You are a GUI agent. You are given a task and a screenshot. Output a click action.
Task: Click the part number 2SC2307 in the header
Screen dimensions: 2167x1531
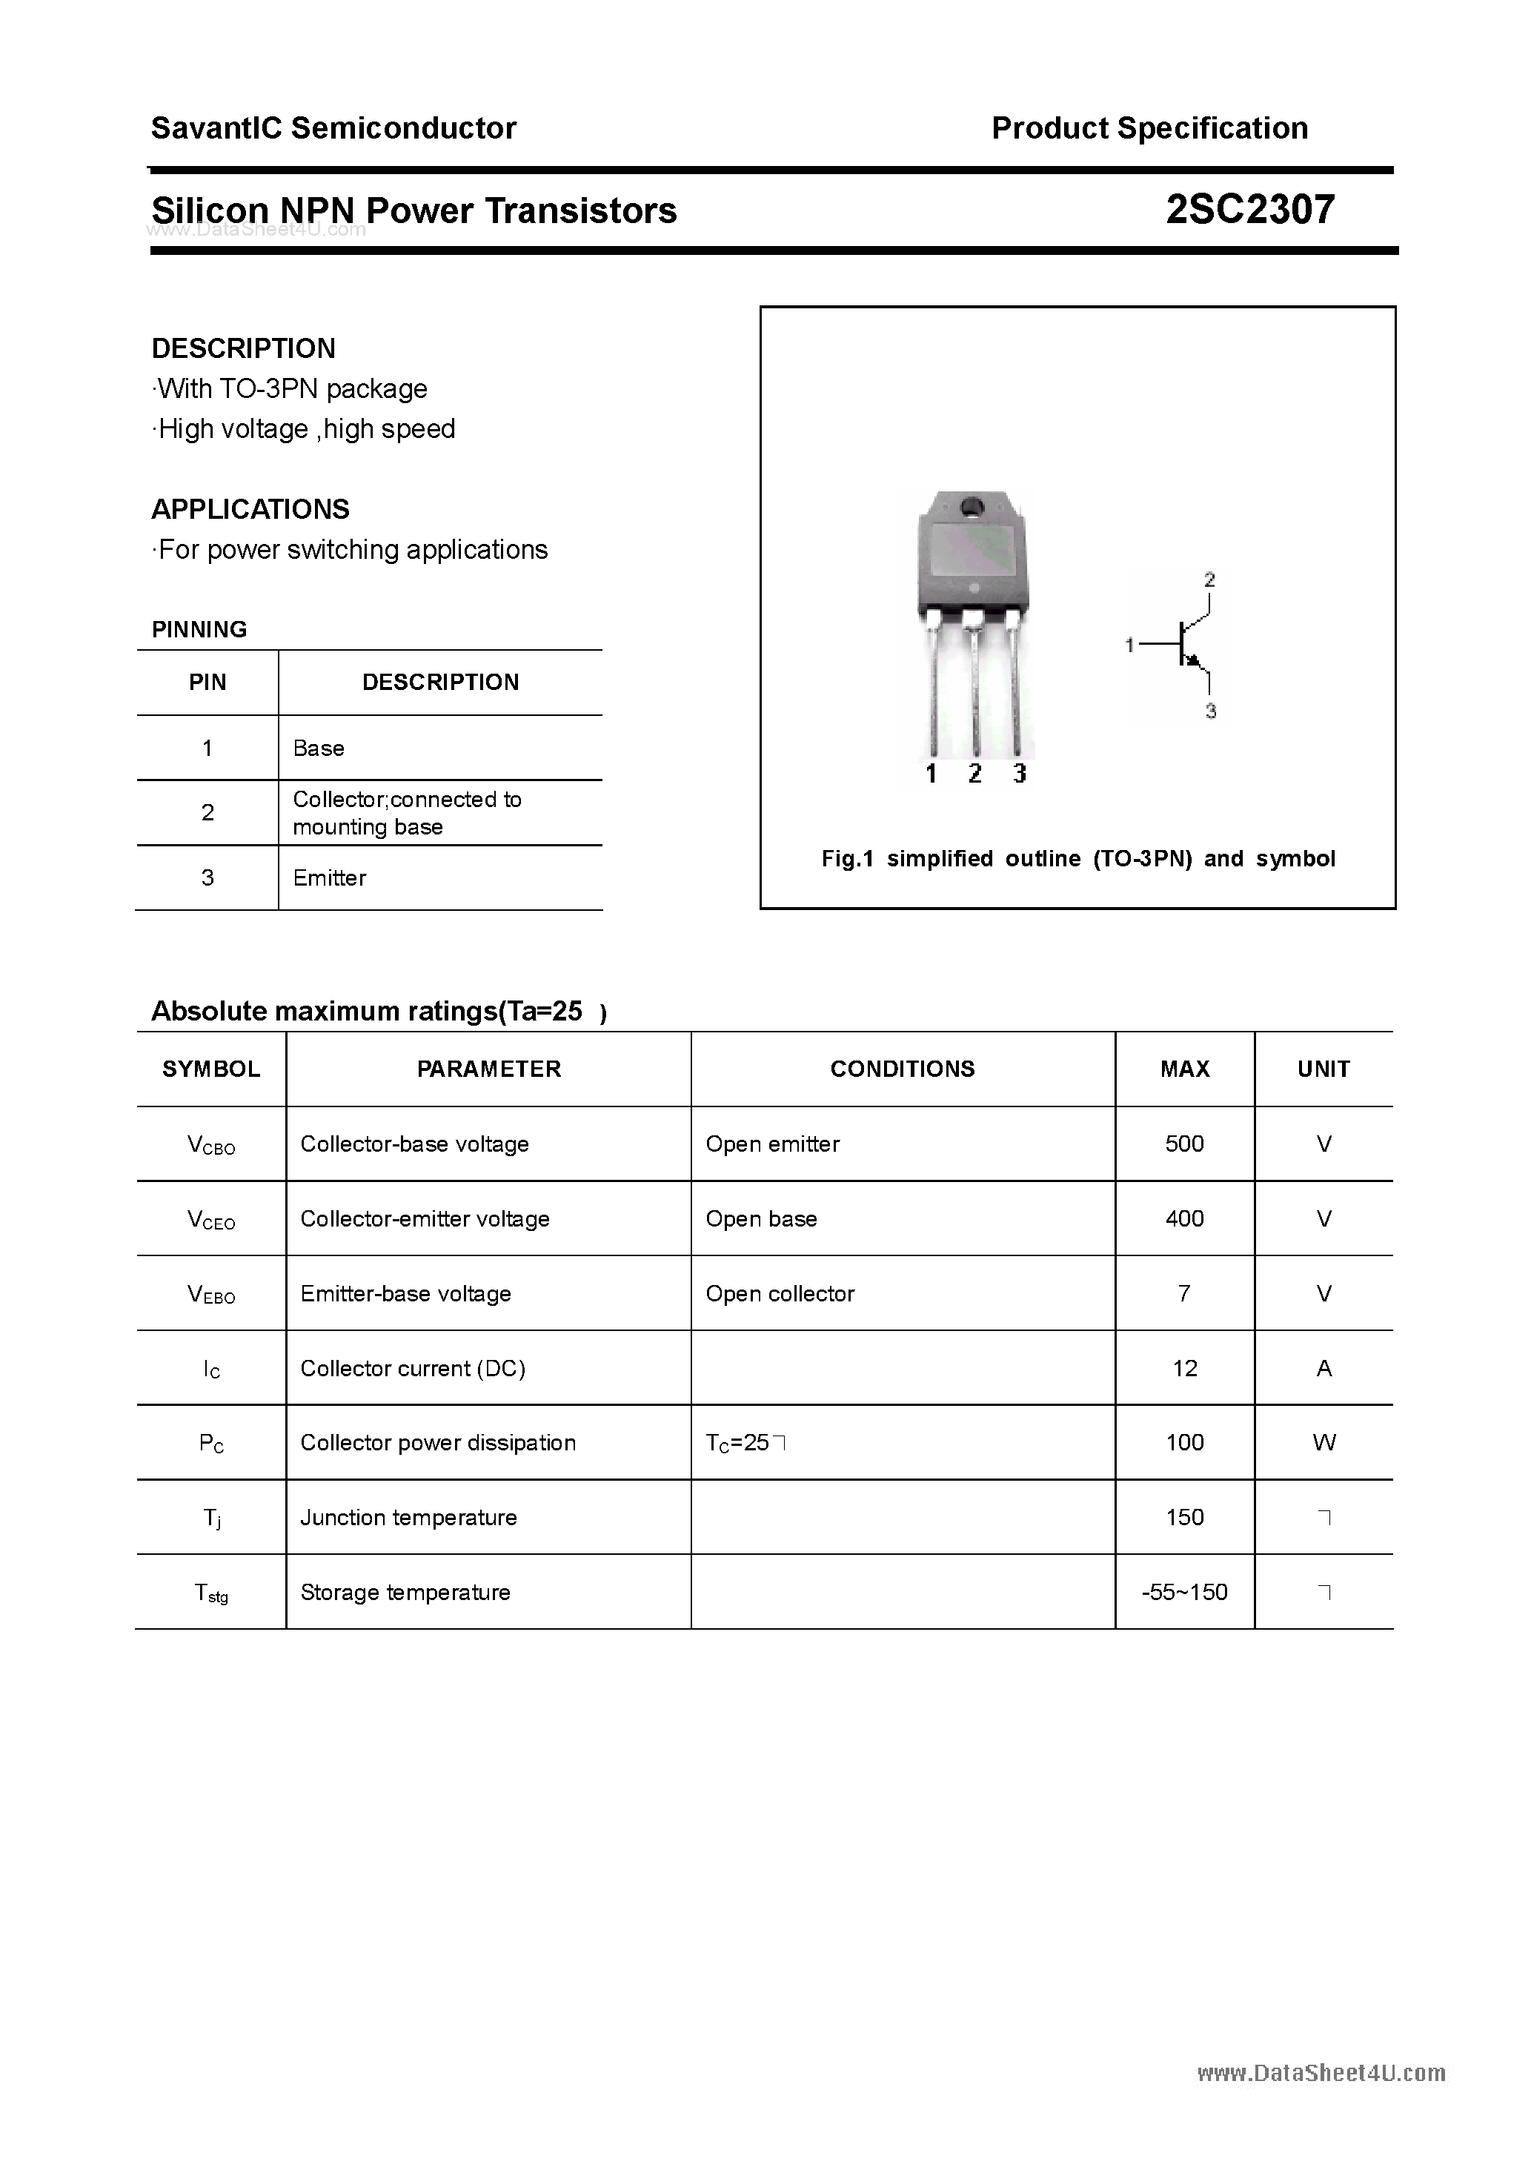point(1249,210)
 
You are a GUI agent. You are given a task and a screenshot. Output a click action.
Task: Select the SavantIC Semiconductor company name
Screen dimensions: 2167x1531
point(333,128)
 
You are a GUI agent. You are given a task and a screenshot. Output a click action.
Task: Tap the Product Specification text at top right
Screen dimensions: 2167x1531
point(1149,128)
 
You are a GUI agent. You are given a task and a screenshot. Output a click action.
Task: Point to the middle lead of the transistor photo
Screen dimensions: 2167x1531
point(974,689)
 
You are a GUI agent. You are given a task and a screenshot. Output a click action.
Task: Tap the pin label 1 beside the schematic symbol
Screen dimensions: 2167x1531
point(1129,646)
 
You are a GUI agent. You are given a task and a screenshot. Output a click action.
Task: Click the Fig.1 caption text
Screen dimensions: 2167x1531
point(1077,859)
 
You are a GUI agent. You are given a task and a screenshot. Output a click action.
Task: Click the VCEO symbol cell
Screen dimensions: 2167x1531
point(211,1219)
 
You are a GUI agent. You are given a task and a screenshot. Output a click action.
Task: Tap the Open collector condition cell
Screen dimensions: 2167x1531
point(780,1294)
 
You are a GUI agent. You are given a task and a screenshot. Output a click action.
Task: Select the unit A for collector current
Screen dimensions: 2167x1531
point(1324,1369)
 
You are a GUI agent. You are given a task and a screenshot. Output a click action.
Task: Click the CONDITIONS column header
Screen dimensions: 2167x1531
point(903,1069)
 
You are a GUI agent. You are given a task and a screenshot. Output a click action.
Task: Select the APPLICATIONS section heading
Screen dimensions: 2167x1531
point(250,510)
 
